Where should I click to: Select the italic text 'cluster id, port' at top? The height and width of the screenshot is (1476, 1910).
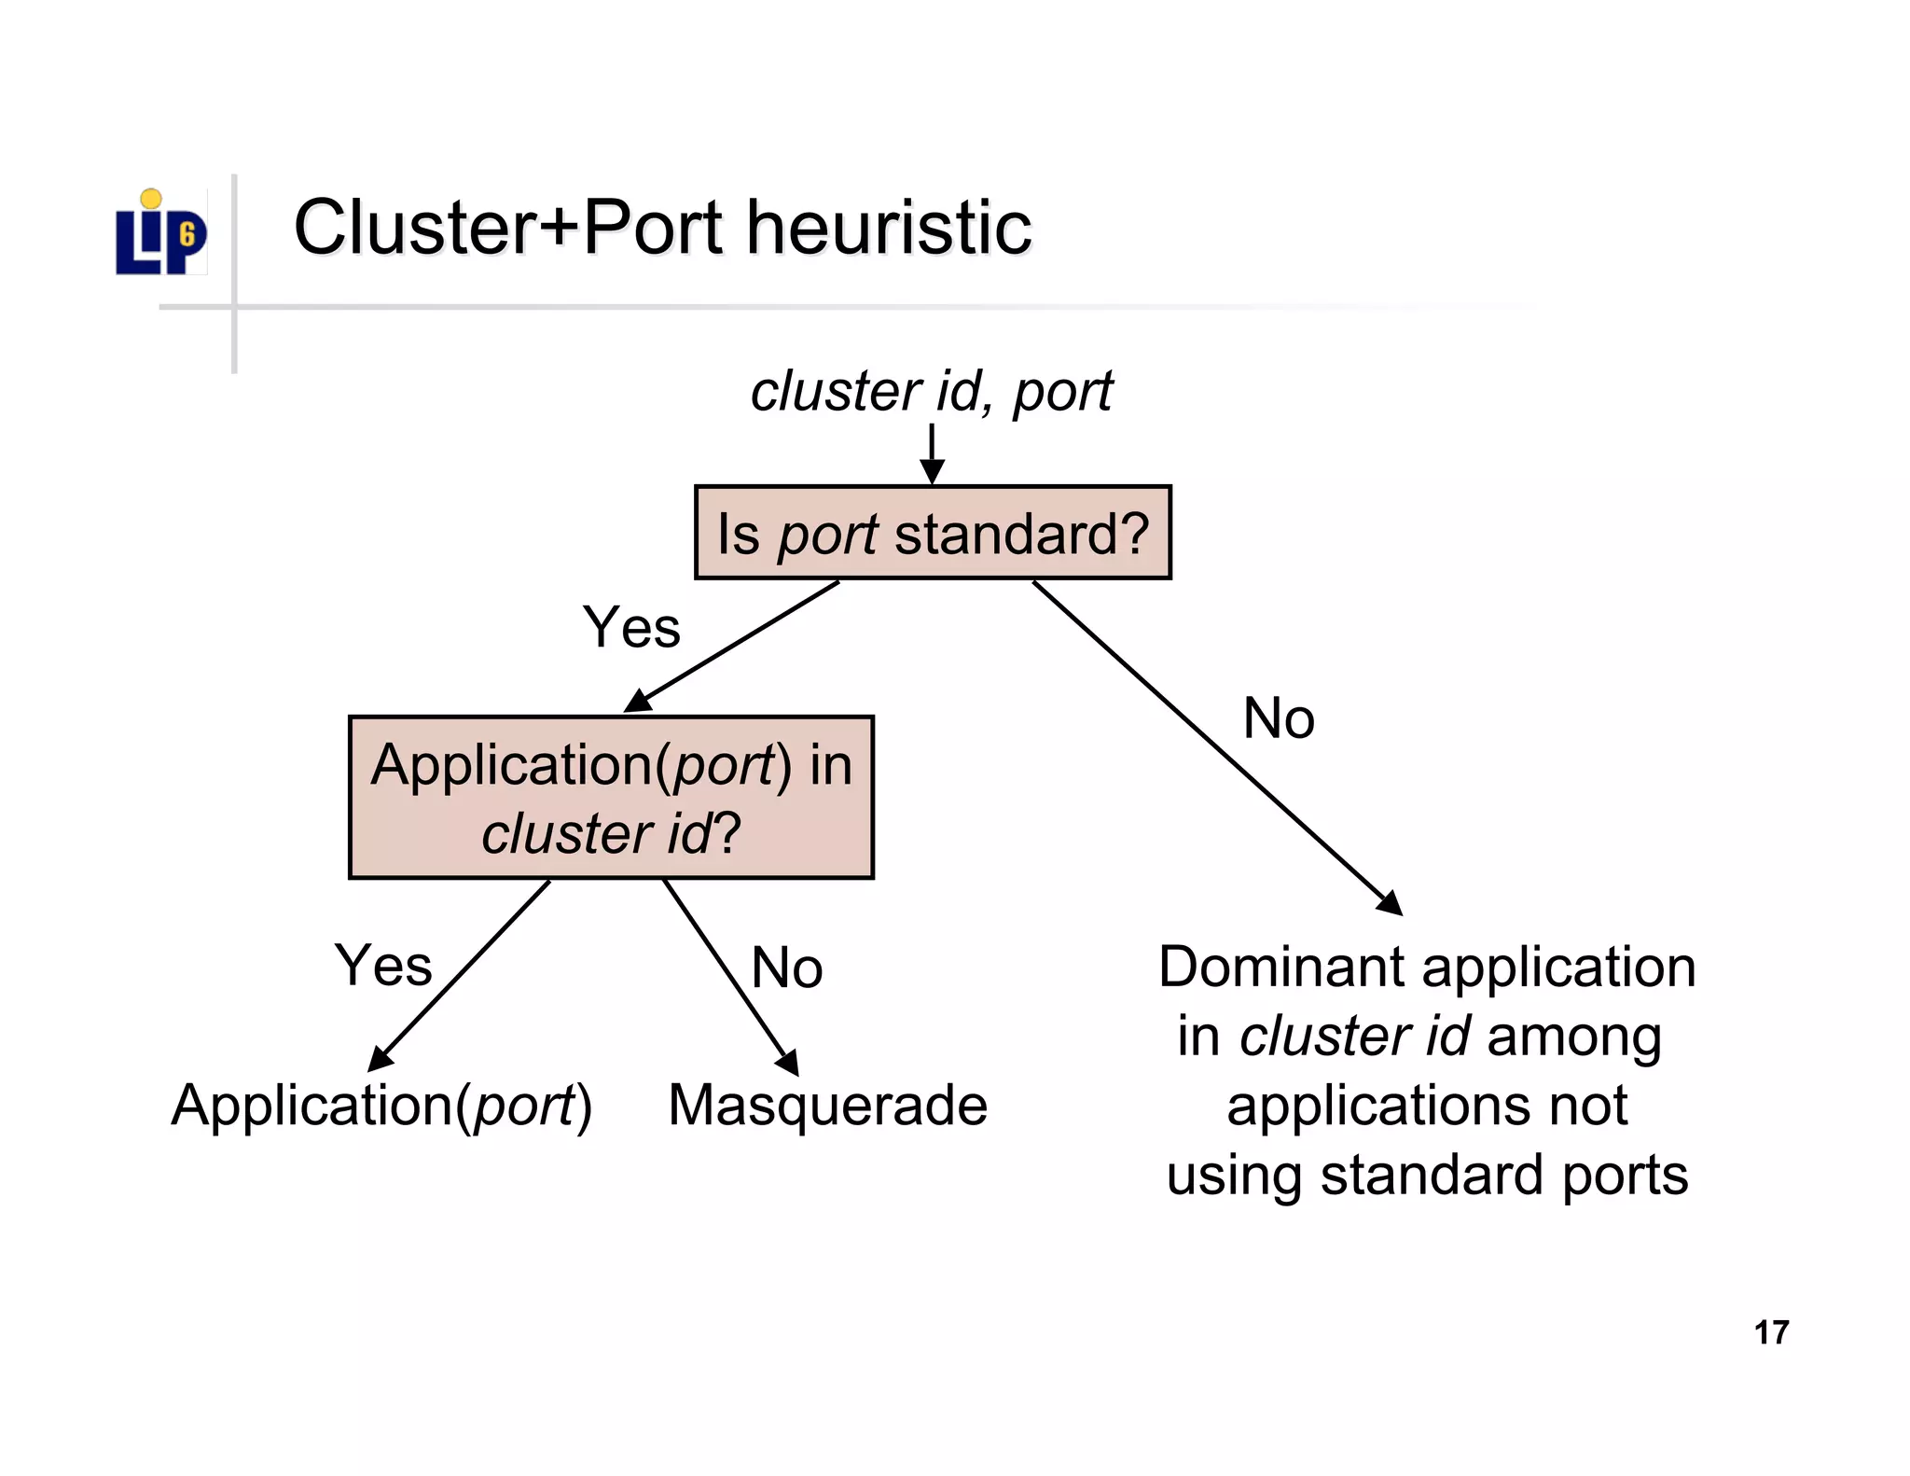click(x=931, y=391)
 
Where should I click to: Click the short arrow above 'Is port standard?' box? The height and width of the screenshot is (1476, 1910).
click(x=932, y=454)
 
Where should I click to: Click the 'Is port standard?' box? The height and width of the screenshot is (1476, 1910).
click(x=933, y=533)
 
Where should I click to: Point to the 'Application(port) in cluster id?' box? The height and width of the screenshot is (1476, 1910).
click(x=611, y=798)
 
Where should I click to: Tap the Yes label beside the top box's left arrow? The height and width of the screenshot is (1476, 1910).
click(x=631, y=627)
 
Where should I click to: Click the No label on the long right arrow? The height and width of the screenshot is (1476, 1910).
click(x=1279, y=719)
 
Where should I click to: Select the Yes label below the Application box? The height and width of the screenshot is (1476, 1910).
click(x=383, y=966)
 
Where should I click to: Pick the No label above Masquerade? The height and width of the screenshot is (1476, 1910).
click(x=786, y=968)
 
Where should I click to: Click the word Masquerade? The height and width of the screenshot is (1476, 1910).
click(x=827, y=1107)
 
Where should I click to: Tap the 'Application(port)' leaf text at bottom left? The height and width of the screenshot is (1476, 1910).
click(x=381, y=1107)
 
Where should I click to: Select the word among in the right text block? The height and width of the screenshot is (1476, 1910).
click(x=1574, y=1037)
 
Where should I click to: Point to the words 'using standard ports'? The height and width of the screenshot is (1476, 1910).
click(x=1427, y=1175)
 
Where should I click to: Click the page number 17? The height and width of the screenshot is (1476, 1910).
click(x=1770, y=1332)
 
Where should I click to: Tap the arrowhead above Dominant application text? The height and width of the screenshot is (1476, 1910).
click(x=1391, y=903)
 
